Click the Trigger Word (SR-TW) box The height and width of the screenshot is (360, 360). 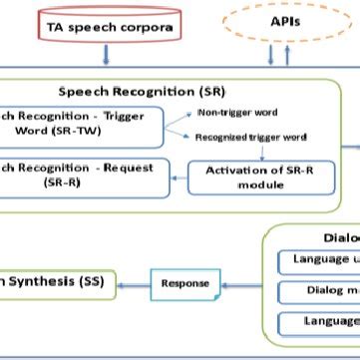[80, 123]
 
